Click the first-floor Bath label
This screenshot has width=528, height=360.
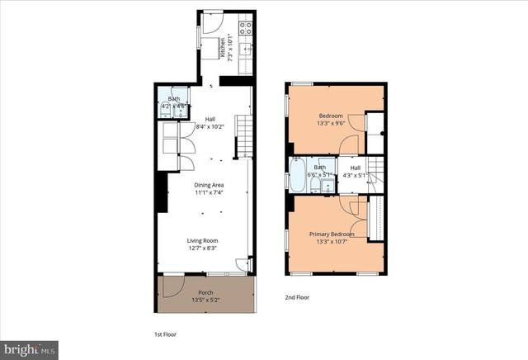173,99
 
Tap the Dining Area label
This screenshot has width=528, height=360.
209,185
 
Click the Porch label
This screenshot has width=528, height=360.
205,292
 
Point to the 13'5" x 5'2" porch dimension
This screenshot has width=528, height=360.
205,300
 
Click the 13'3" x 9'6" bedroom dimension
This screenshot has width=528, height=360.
335,123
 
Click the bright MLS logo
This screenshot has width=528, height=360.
30,349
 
